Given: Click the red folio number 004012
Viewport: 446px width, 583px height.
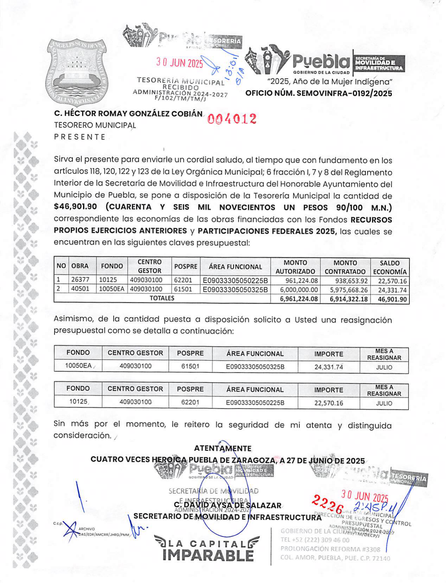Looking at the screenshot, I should (232, 119).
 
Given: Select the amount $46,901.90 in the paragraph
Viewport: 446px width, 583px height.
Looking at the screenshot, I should (75, 207).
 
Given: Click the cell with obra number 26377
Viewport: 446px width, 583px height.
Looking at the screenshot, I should (80, 280).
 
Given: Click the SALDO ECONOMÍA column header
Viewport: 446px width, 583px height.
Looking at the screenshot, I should (389, 267).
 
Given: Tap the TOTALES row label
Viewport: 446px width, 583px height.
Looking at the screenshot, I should (162, 298).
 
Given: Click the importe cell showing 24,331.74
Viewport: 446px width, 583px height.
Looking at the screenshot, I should (329, 367).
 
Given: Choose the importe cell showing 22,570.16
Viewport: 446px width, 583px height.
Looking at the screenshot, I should (329, 403).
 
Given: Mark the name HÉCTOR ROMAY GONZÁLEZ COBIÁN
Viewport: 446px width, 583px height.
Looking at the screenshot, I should (128, 114).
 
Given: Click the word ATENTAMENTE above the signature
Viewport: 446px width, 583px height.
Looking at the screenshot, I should (222, 448).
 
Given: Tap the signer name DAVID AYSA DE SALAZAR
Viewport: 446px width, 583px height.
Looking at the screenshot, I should (231, 505).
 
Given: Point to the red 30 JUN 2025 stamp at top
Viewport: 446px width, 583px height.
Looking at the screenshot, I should (180, 63).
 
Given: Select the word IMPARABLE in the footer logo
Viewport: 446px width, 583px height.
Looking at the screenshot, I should (208, 555).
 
